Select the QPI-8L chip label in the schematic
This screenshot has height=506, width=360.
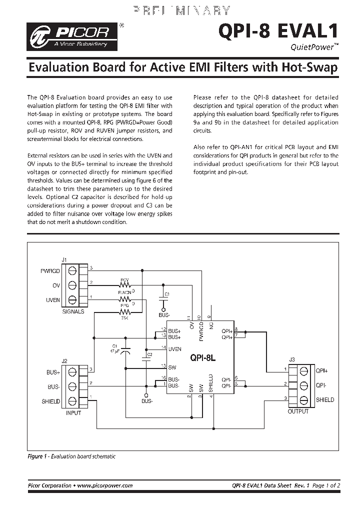pyautogui.click(x=203, y=358)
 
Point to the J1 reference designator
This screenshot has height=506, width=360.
pyautogui.click(x=63, y=259)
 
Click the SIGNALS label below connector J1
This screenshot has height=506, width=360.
pyautogui.click(x=73, y=311)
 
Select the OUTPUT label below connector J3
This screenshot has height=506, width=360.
pyautogui.click(x=298, y=411)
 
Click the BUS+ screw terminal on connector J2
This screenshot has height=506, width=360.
pyautogui.click(x=72, y=371)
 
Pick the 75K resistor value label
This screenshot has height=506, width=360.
pyautogui.click(x=124, y=317)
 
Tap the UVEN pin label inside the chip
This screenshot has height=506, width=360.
pyautogui.click(x=174, y=348)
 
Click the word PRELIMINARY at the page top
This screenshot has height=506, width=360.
pyautogui.click(x=182, y=10)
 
